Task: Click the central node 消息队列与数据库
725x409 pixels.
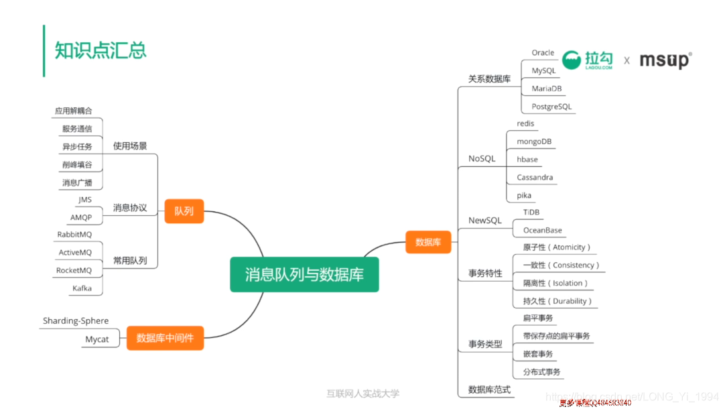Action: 304,274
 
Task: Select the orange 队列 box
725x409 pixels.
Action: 184,211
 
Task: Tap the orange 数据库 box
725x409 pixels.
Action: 428,242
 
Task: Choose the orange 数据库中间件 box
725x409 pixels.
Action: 165,338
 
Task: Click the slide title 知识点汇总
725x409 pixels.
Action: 101,50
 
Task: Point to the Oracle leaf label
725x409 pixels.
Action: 543,53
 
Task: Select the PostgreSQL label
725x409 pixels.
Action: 551,107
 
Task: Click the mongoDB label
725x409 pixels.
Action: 534,141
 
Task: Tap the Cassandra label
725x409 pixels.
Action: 535,178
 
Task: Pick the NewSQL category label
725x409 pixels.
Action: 484,221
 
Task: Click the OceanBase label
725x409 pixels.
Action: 542,230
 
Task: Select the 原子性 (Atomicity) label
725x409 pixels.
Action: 557,247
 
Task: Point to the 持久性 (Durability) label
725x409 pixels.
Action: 557,301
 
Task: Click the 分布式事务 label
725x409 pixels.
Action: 541,371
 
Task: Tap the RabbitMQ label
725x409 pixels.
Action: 74,235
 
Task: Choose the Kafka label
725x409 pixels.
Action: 82,288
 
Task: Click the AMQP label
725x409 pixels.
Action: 81,217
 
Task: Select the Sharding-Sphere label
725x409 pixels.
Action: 76,321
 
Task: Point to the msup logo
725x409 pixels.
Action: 664,60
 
